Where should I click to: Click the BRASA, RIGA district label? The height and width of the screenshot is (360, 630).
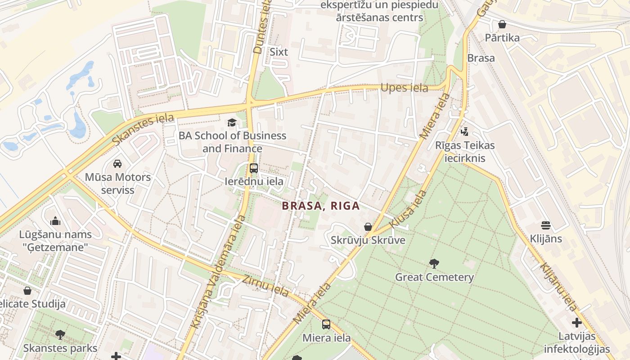[x=321, y=206]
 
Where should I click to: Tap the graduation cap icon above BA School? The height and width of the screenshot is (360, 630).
[x=232, y=122]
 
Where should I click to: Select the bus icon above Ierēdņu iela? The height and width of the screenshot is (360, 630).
[x=254, y=168]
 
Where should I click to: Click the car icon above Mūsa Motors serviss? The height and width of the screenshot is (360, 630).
[x=117, y=164]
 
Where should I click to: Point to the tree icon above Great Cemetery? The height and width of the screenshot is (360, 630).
[x=434, y=264]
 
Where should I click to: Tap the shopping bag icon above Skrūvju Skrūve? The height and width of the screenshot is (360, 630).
[x=368, y=227]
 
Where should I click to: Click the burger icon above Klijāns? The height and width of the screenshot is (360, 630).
[x=546, y=225]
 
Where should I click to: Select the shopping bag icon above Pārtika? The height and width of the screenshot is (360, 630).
[x=502, y=24]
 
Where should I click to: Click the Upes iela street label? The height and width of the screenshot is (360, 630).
[x=404, y=88]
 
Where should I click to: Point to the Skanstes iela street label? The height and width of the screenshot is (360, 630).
[x=143, y=129]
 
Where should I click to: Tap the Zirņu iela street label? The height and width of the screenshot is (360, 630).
[x=266, y=285]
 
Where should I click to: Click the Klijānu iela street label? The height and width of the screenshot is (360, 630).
[x=558, y=287]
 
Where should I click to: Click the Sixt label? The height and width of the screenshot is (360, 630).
[x=279, y=52]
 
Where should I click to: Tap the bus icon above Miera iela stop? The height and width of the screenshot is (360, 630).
[x=326, y=324]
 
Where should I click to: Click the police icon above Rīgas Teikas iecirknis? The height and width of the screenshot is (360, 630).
[x=465, y=132]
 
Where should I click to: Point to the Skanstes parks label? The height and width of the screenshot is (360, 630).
[x=60, y=348]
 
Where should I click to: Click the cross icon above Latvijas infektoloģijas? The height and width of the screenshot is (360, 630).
[x=577, y=323]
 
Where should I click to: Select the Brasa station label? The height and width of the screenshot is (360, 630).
[x=481, y=58]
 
